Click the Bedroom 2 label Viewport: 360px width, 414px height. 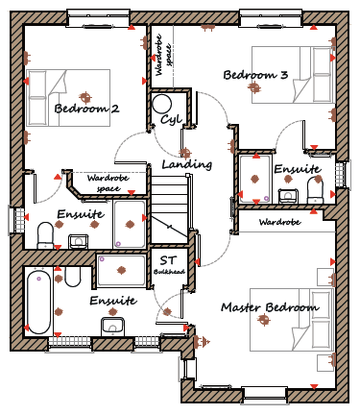pyautogui.click(x=86, y=109)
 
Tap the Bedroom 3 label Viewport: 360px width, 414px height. pyautogui.click(x=255, y=75)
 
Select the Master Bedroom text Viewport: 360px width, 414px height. pyautogui.click(x=270, y=307)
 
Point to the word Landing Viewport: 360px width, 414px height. pyautogui.click(x=187, y=164)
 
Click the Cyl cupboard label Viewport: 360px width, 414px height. pyautogui.click(x=171, y=119)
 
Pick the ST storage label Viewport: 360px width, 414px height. pyautogui.click(x=168, y=260)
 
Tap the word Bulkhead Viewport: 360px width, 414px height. pyautogui.click(x=169, y=272)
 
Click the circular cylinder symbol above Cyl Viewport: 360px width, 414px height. pyautogui.click(x=162, y=104)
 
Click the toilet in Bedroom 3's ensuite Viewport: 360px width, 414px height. pyautogui.click(x=315, y=190)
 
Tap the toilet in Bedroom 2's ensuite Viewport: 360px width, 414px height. pyautogui.click(x=45, y=235)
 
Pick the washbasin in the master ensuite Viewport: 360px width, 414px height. pyautogui.click(x=112, y=326)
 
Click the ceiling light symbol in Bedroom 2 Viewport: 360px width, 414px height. pyautogui.click(x=85, y=96)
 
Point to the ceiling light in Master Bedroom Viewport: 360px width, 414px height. pyautogui.click(x=264, y=319)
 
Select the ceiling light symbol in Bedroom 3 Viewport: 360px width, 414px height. pyautogui.click(x=254, y=87)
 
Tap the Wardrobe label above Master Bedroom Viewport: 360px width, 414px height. pyautogui.click(x=279, y=222)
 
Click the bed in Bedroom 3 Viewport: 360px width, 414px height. pyautogui.click(x=293, y=75)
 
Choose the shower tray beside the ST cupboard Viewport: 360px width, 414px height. pyautogui.click(x=121, y=270)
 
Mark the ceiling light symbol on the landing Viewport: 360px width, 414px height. pyautogui.click(x=184, y=153)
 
